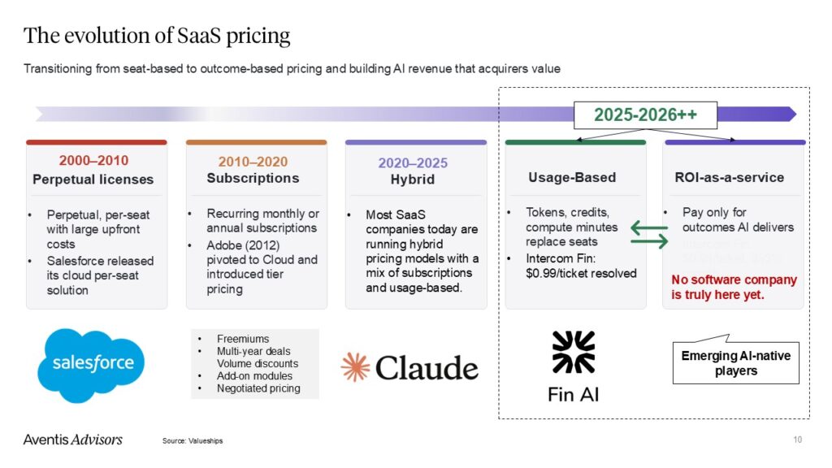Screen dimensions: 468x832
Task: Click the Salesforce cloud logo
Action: click(90, 365)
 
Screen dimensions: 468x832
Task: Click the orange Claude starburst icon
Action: click(355, 367)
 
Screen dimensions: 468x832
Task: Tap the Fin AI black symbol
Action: click(573, 351)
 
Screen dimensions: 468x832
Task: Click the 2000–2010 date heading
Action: click(93, 160)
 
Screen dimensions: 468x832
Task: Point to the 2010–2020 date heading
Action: click(253, 161)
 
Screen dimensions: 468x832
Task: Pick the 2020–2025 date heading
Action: click(412, 162)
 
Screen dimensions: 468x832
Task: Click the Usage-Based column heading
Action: click(572, 177)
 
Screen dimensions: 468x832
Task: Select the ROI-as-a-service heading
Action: click(730, 177)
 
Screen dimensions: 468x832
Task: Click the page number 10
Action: click(797, 440)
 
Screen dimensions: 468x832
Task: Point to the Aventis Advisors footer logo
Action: click(72, 440)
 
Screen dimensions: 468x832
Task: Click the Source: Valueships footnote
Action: click(193, 440)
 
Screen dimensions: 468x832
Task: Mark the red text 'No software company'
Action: click(734, 279)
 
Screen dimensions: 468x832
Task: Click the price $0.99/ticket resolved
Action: click(580, 273)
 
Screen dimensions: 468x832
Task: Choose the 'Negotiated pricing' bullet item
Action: click(258, 388)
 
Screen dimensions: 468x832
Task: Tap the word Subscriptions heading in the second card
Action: click(253, 178)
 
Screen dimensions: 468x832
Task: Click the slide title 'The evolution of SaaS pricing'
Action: click(157, 36)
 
